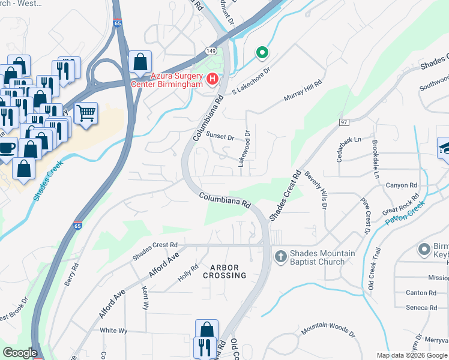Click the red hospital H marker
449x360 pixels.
pyautogui.click(x=212, y=79)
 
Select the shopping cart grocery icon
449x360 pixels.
pyautogui.click(x=86, y=112)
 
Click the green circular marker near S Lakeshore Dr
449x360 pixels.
pyautogui.click(x=262, y=53)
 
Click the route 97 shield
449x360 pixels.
pyautogui.click(x=343, y=122)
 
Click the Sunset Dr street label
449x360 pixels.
pyautogui.click(x=220, y=136)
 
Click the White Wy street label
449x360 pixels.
pyautogui.click(x=113, y=331)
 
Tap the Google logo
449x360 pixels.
pyautogui.click(x=20, y=353)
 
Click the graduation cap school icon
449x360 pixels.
pyautogui.click(x=445, y=148)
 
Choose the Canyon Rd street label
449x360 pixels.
pyautogui.click(x=401, y=185)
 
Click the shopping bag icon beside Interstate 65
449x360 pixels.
pyautogui.click(x=140, y=62)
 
